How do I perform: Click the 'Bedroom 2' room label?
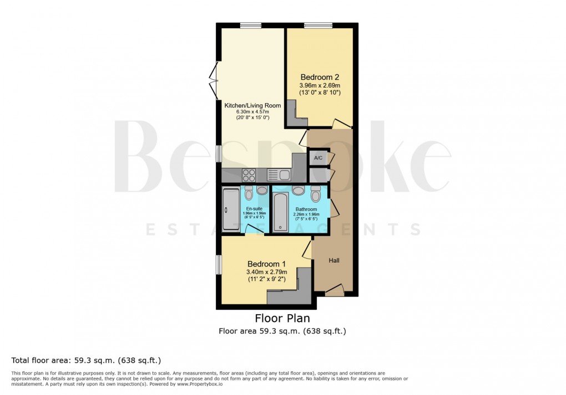coord(320,77)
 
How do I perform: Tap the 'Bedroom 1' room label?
coord(266,263)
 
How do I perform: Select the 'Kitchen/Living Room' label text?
coord(252,105)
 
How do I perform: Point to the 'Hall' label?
coord(334,260)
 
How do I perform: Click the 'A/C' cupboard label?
coord(319,158)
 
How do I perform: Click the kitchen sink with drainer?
coord(279,175)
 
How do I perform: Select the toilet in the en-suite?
coord(249,194)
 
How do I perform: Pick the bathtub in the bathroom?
coord(281,213)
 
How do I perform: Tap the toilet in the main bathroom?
coord(316,194)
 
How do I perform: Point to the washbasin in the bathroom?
coord(299,191)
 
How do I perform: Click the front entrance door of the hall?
coord(335,290)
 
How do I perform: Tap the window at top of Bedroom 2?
coord(318,25)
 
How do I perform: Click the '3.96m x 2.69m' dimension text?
coord(320,86)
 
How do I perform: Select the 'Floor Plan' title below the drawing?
coord(282,319)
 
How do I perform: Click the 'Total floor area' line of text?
coord(86,360)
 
